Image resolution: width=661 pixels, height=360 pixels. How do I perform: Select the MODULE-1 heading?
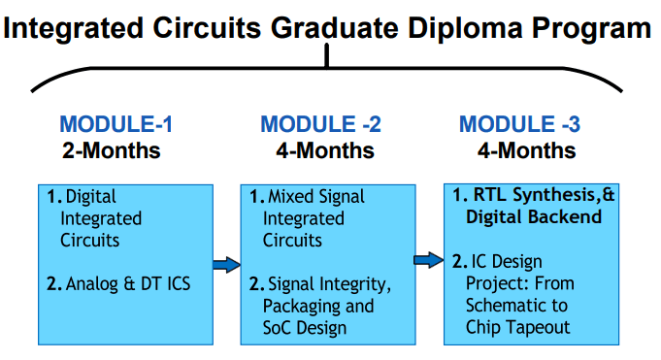[x=116, y=124]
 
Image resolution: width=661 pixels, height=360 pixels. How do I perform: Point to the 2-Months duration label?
[x=111, y=151]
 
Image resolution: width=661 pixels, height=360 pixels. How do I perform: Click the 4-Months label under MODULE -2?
[x=324, y=151]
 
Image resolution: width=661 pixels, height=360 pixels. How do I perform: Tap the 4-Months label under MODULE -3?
[x=526, y=151]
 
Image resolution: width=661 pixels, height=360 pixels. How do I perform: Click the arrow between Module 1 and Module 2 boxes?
[x=225, y=264]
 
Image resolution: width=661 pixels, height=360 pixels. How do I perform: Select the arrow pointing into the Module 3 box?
[x=428, y=260]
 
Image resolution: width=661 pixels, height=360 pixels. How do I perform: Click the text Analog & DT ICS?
[x=129, y=283]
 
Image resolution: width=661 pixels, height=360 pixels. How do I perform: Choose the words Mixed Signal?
[x=315, y=197]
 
